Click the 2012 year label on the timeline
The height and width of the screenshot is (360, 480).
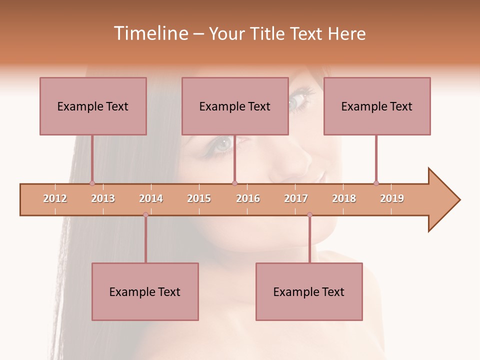[x=55, y=198]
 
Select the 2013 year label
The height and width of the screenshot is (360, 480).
[x=103, y=198]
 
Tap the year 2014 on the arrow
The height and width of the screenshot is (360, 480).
[x=151, y=198]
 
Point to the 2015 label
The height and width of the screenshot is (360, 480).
[x=199, y=198]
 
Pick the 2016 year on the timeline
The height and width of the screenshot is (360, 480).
[x=248, y=198]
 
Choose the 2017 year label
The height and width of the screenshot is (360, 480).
[x=296, y=198]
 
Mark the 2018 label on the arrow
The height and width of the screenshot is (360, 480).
[x=344, y=198]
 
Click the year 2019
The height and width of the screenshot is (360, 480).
[x=392, y=198]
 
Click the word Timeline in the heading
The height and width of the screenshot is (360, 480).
[x=149, y=33]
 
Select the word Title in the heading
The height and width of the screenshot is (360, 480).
[x=267, y=33]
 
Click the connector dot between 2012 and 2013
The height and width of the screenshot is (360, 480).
[x=92, y=183]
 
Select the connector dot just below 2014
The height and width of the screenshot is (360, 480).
[x=145, y=214]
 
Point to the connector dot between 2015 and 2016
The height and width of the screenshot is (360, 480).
[x=234, y=183]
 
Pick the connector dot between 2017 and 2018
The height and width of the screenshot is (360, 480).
[x=309, y=214]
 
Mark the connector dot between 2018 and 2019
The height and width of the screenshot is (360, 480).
[x=376, y=183]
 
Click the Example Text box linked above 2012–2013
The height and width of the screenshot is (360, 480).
[x=93, y=106]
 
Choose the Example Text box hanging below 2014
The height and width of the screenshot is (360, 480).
[x=145, y=291]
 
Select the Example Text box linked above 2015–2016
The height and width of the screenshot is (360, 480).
[x=235, y=106]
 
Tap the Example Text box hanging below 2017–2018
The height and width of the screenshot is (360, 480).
[x=309, y=291]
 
